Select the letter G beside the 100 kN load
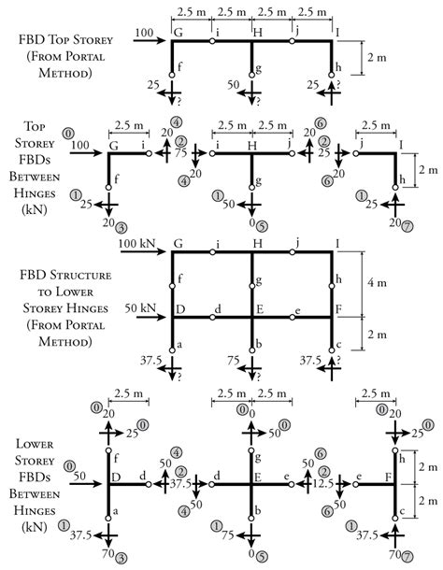(x=177, y=245)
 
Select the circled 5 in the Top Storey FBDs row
(x=268, y=224)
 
